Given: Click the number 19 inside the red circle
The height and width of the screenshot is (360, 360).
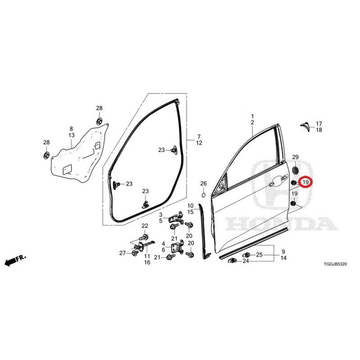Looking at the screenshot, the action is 306,182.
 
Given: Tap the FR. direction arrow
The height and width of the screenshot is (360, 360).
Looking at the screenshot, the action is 15,260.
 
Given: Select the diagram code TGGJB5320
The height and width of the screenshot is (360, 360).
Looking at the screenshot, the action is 335,264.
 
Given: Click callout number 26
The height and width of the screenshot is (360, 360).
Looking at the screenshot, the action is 203,184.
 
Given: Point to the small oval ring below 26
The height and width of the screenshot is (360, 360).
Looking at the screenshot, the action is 203,195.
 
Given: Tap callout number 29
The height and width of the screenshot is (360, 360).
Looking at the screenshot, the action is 295,157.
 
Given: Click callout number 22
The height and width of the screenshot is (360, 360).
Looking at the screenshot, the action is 144,226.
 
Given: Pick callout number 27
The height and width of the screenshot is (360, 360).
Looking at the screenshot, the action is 122,253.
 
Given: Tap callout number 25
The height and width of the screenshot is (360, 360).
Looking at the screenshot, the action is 259,255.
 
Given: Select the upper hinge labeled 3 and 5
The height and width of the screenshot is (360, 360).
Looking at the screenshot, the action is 176,218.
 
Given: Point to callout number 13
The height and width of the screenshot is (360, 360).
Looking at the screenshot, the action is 72,135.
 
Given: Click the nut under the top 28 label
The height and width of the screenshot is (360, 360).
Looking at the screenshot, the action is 99,121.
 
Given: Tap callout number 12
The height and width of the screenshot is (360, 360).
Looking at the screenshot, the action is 199,143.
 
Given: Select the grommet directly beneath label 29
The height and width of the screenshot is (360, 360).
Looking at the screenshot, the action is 295,171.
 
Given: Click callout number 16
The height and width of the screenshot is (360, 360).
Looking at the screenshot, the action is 147,262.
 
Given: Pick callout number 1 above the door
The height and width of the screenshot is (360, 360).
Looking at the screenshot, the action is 252,116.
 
